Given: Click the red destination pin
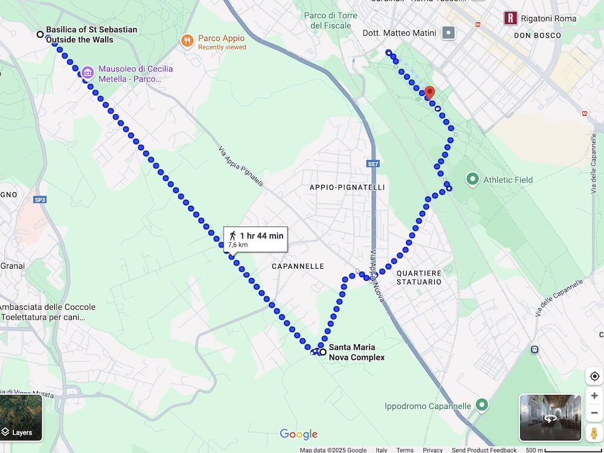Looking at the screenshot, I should [x=429, y=92].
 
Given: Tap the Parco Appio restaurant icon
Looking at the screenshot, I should [x=188, y=41].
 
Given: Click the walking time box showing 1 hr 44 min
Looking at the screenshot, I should [x=255, y=239].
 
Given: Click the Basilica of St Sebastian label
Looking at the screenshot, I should [x=91, y=34].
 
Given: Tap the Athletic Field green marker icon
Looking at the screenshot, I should [x=473, y=179].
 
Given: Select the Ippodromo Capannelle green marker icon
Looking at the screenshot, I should [x=481, y=405].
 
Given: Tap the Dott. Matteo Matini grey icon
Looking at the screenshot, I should [x=448, y=33].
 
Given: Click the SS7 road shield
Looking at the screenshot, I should [x=373, y=164].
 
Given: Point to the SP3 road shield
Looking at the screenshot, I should [x=40, y=199].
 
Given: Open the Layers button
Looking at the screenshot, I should [x=21, y=417].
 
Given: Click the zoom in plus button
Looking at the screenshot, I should [x=594, y=396].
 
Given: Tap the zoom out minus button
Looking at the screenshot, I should [x=594, y=413].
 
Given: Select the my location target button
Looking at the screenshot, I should [x=594, y=376].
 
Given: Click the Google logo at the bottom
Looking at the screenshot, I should [x=298, y=434].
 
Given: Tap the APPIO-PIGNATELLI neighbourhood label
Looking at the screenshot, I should [x=347, y=187].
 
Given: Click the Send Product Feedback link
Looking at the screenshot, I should [x=484, y=450].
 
